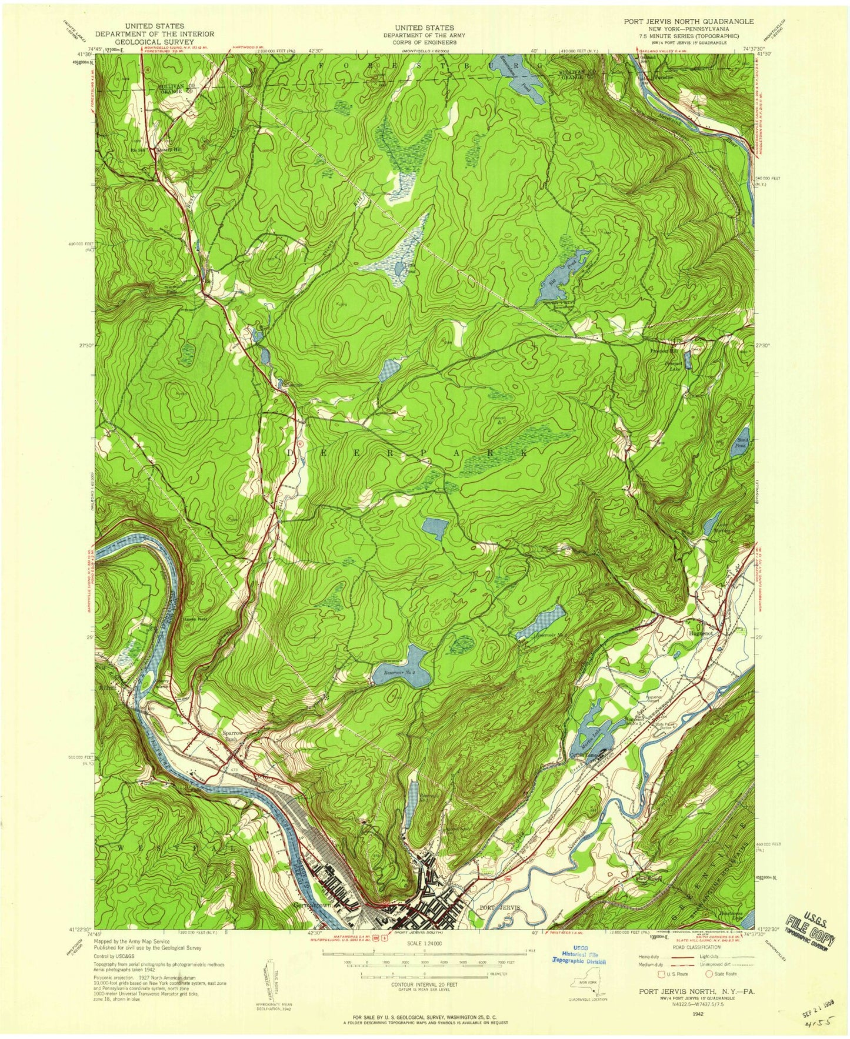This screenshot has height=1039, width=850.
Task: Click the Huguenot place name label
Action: tap(699, 634)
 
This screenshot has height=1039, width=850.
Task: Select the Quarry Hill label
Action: tap(169, 149)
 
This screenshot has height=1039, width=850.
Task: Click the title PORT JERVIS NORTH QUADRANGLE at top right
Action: tap(681, 21)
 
